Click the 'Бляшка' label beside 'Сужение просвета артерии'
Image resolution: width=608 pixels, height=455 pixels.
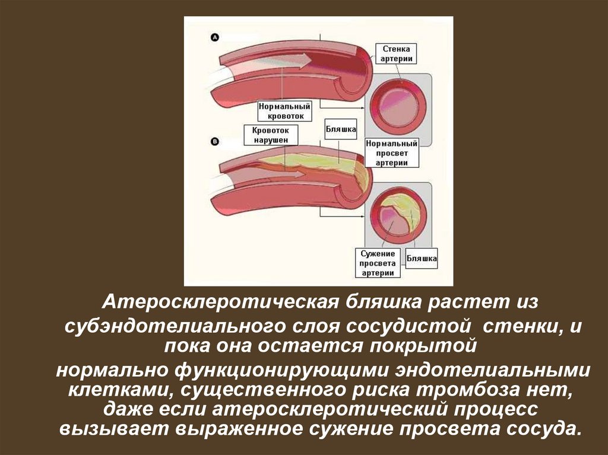pos(422,258)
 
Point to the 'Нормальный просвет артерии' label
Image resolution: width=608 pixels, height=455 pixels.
pos(392,153)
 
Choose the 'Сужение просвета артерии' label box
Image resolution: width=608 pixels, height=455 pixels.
pos(378,263)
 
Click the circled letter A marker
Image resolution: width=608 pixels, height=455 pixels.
pos(215,37)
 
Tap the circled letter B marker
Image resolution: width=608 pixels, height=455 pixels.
pos(215,141)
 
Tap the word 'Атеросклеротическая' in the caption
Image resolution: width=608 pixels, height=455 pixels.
pos(214,301)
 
